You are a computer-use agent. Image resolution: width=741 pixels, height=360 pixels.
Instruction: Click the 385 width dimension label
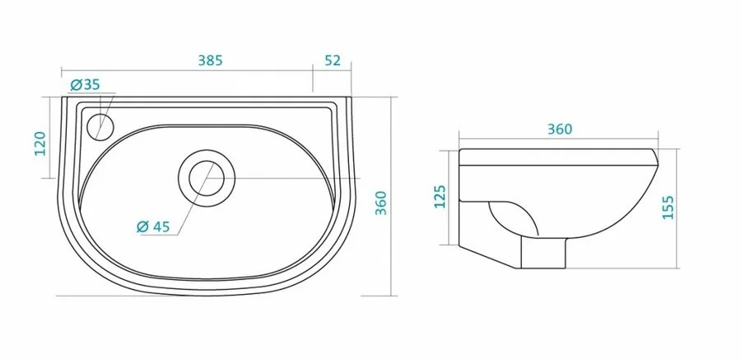tap(211, 61)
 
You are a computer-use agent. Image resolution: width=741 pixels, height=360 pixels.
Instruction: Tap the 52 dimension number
tap(333, 61)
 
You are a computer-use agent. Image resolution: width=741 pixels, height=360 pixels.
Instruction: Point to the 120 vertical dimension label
tap(38, 142)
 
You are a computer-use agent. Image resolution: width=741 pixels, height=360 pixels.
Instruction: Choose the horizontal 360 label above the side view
tap(558, 129)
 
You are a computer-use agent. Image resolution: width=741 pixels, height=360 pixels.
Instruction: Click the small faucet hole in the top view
tap(100, 125)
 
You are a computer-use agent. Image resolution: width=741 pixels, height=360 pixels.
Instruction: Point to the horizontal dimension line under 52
tap(333, 71)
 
